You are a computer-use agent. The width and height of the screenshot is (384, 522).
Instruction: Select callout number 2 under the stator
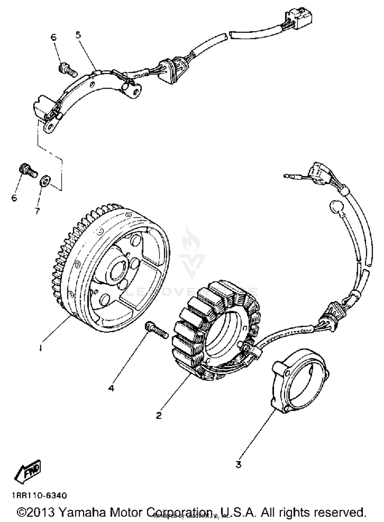[x=159, y=415]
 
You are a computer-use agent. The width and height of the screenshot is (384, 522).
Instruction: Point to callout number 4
[x=111, y=388]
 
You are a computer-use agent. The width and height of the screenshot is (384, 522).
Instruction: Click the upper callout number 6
[x=53, y=37]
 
